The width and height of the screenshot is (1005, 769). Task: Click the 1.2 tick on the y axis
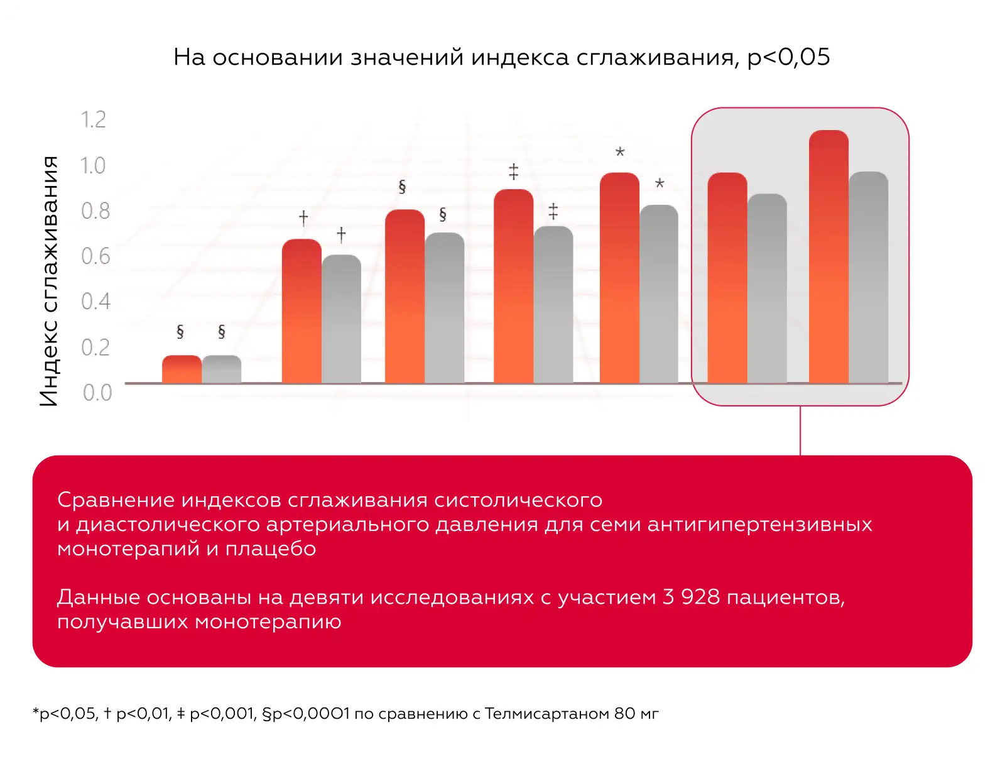[94, 119]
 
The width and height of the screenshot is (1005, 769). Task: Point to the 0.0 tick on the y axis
[97, 393]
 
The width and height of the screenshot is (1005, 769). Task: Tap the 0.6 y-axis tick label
[95, 256]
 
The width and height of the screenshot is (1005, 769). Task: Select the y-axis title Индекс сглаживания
[49, 281]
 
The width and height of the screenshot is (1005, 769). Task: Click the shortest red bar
[182, 369]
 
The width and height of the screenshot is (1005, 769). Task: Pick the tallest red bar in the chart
[828, 258]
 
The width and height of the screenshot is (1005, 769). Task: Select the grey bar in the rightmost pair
[869, 278]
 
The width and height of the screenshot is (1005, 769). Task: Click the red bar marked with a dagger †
[301, 311]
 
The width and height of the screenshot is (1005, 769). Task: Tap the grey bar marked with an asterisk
[659, 294]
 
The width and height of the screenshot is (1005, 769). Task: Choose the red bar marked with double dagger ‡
[513, 286]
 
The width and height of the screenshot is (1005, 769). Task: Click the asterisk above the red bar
[620, 152]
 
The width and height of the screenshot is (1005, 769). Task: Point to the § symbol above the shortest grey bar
[221, 332]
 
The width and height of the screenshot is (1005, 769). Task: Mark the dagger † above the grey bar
[341, 234]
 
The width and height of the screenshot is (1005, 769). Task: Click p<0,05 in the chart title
[789, 57]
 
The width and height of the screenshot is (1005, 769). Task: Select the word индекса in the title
[520, 57]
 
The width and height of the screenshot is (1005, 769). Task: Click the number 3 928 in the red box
[691, 597]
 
